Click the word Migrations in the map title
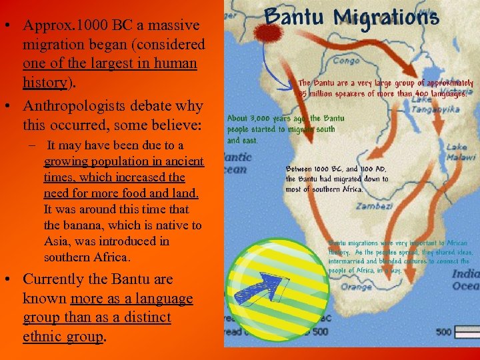[x=387, y=18]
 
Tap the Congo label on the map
[x=346, y=61]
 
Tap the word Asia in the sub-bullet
[x=56, y=241]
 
